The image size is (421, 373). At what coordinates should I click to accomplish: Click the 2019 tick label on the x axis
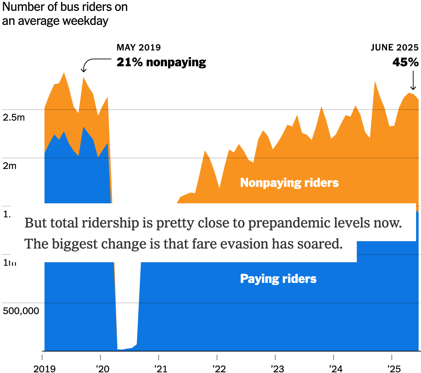pos(44,368)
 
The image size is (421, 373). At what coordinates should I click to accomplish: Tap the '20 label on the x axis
pos(102,368)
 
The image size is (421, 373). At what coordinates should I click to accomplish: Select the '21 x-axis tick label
pos(161,368)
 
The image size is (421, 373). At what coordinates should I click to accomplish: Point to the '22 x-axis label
pos(219,368)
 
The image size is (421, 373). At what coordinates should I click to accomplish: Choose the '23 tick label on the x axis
pos(277,368)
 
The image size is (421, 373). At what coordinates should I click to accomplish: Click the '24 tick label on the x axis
pos(335,368)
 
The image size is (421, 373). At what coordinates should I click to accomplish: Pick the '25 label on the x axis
pos(394,368)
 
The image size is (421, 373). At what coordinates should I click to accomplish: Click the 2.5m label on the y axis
pos(14,117)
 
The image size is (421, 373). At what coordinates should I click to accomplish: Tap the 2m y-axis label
pos(9,165)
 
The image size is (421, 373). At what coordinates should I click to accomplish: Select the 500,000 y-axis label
pos(21,311)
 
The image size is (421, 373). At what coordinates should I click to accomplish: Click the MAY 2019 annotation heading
pos(139,47)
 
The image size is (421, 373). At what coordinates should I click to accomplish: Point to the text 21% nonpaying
pos(161,62)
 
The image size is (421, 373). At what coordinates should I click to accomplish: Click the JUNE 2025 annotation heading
pos(395,47)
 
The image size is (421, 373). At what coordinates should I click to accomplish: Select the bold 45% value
pos(406,62)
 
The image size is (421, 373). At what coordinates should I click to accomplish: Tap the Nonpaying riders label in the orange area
pos(289,183)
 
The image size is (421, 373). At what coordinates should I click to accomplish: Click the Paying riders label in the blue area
pos(278,279)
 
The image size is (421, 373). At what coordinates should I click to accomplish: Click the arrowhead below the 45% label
pos(413,88)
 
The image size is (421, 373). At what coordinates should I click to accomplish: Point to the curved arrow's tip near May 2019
pos(83,70)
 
